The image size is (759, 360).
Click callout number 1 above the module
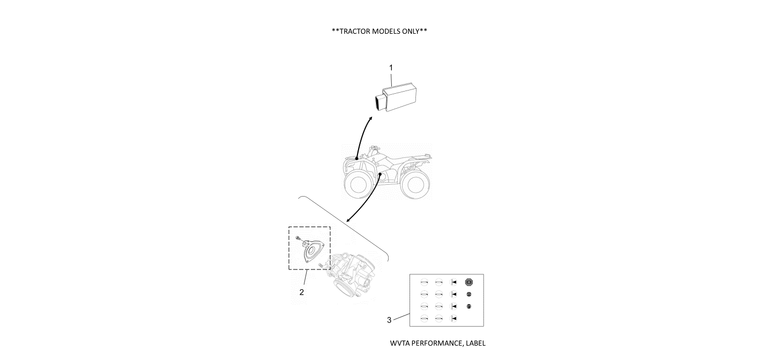pos(391,68)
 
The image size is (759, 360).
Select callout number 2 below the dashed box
pos(301,292)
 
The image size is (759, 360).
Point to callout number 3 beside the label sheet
pos(389,320)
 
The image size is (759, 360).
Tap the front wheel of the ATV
pos(355,185)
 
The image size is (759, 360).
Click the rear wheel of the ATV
pos(415,185)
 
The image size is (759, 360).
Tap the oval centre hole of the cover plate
pos(311,249)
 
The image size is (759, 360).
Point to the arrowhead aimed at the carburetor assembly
pos(348,220)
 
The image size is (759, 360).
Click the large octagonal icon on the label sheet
pos(469,282)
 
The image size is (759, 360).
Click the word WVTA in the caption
pos(399,343)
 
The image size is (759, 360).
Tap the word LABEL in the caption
pos(474,343)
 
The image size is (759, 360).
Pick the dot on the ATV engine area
pos(380,174)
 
